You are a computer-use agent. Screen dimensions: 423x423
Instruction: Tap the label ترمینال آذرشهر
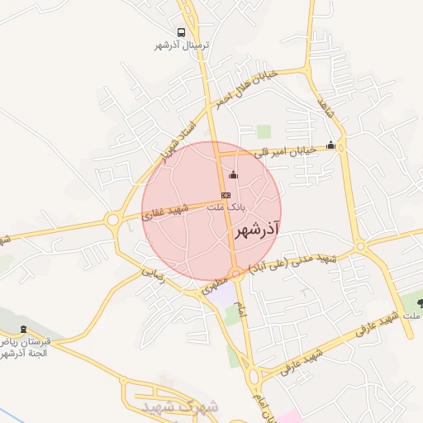pos(183,45)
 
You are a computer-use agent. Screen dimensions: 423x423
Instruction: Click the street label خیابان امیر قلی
pos(290,149)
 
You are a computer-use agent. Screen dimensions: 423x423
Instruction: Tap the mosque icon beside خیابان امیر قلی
pos(331,145)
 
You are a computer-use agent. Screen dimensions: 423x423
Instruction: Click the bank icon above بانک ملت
pos(226,195)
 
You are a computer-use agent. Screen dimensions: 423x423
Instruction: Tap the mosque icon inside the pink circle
pos(233,173)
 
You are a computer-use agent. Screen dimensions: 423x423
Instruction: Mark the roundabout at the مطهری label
pos(236,273)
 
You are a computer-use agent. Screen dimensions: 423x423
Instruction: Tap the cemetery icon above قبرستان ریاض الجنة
pos(22,329)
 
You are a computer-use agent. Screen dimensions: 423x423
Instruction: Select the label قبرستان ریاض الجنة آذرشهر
pos(25,347)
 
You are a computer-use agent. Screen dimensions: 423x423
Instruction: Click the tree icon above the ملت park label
pos(421,304)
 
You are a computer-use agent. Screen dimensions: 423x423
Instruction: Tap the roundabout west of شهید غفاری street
pos(112,220)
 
